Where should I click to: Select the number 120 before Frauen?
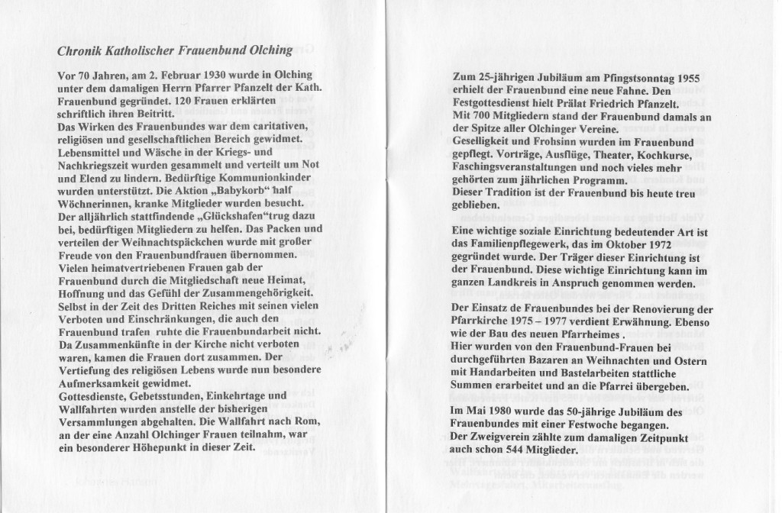[x=205, y=105]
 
